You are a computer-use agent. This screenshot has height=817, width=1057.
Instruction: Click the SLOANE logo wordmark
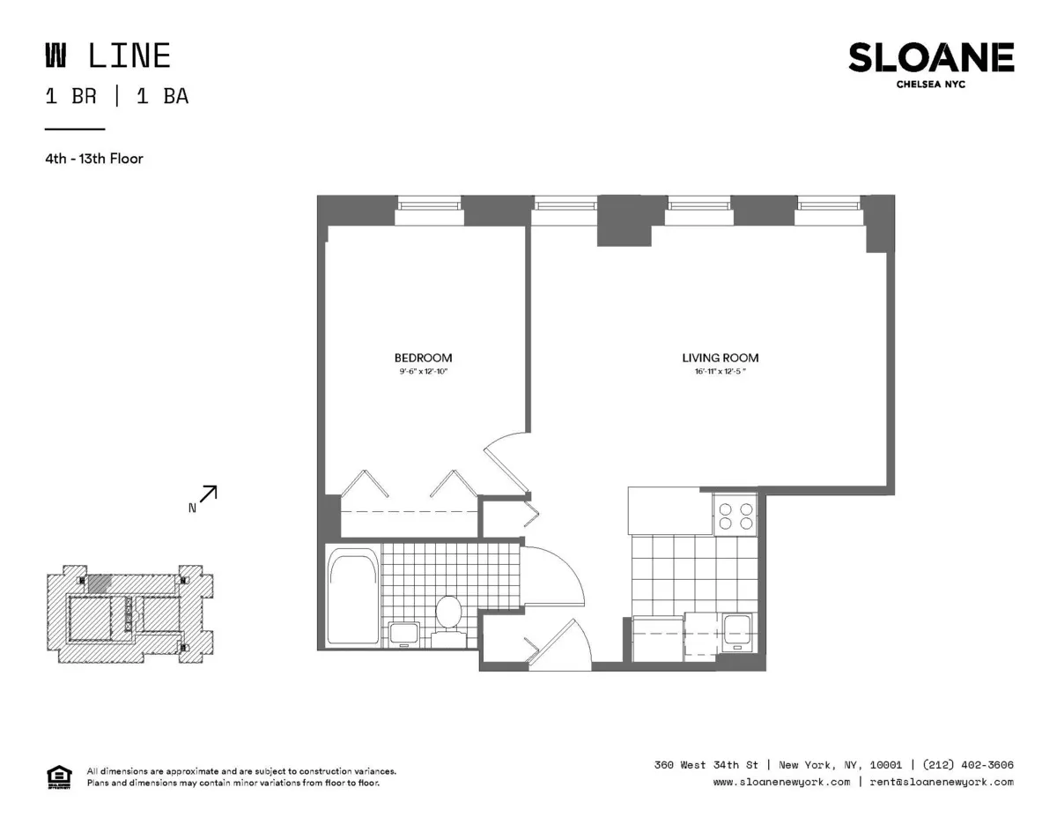pos(930,58)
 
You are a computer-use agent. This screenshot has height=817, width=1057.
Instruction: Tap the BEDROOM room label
pos(423,358)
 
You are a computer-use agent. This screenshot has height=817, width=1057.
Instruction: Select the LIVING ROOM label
pos(720,358)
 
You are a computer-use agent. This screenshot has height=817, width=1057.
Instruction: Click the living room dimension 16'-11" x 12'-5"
pos(720,372)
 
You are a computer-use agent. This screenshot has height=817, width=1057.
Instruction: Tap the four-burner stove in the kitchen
pos(735,515)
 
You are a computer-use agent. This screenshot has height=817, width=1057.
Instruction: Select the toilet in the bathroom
pos(449,613)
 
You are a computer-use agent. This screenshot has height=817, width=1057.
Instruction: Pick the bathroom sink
pos(404,634)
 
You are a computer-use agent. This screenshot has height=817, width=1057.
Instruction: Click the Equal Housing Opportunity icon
pos(57,776)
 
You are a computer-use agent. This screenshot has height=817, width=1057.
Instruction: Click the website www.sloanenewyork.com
pos(781,782)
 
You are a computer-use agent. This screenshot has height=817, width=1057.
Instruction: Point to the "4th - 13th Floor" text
pos(94,160)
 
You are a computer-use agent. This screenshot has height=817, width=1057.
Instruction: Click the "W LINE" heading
pos(107,56)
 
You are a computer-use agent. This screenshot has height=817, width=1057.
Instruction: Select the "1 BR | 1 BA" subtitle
pos(116,97)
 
